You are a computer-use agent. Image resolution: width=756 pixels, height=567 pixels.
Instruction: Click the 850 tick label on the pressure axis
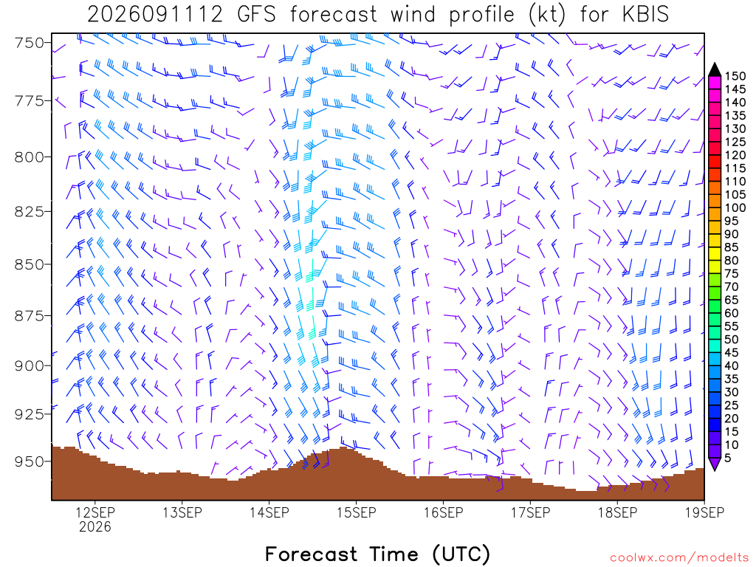tap(29, 265)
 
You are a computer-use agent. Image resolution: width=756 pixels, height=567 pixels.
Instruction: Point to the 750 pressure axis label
tap(29, 43)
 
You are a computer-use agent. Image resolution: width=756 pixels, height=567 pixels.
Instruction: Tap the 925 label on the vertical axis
tap(29, 414)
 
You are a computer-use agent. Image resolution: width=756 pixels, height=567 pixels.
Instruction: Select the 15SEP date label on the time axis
tap(357, 512)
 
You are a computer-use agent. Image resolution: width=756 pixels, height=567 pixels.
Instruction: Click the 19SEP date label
tap(704, 512)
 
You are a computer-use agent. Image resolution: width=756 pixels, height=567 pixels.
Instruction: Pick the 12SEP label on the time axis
tap(95, 512)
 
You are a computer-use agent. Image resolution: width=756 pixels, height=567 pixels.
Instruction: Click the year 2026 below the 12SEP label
tap(95, 526)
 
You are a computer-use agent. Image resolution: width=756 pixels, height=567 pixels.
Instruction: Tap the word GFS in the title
tap(256, 15)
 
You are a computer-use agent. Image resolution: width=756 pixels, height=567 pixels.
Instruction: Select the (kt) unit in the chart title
tap(546, 15)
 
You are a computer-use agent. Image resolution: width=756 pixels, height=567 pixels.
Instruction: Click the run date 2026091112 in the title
tap(155, 15)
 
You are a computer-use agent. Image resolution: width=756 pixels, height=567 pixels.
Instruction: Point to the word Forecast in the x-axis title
tap(312, 554)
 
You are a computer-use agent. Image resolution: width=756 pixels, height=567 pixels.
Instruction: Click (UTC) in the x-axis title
tap(461, 554)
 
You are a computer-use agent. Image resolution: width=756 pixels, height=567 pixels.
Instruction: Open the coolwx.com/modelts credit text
tap(679, 558)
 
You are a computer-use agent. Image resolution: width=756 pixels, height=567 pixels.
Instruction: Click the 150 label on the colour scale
tap(735, 76)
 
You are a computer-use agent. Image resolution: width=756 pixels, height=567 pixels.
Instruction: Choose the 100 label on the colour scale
tap(735, 207)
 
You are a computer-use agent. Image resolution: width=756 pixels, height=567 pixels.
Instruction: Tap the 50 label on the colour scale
tap(732, 340)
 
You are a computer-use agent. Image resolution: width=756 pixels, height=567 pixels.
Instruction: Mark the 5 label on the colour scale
tap(728, 458)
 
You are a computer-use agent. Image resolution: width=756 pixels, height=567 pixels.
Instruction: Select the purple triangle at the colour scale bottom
tap(715, 464)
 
